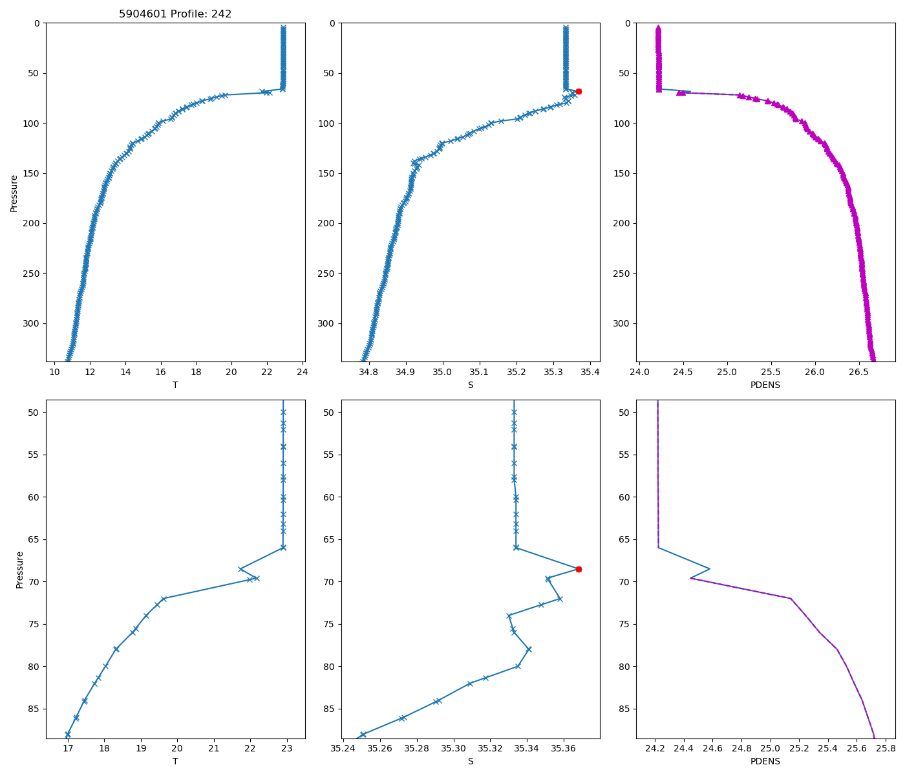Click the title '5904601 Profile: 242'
pos(175,14)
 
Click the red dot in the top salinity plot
pos(579,91)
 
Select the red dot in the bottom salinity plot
pos(579,569)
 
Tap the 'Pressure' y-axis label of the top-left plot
pos(14,193)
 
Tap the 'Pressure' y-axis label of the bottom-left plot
pos(19,570)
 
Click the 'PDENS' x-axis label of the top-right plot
pos(765,385)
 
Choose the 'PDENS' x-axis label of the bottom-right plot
pos(765,762)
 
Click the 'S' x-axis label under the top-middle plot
pos(471,385)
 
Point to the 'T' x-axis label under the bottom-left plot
pos(175,762)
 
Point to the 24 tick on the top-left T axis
pos(302,372)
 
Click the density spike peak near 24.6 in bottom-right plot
pos(710,569)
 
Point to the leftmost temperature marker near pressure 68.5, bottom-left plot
pos(240,569)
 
